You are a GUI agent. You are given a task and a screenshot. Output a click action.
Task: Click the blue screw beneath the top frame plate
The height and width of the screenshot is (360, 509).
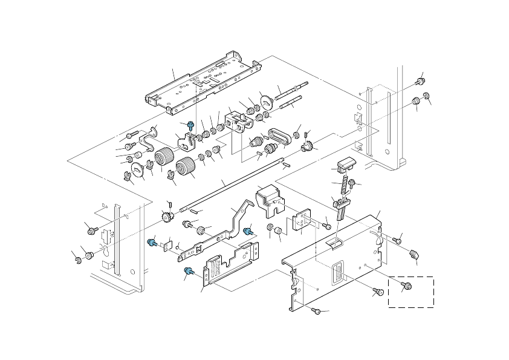coord(191,125)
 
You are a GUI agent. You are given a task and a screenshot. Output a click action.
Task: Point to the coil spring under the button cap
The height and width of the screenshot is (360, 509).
coord(345,182)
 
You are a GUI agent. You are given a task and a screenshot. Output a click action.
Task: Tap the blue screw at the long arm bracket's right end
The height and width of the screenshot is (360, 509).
coord(247,231)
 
